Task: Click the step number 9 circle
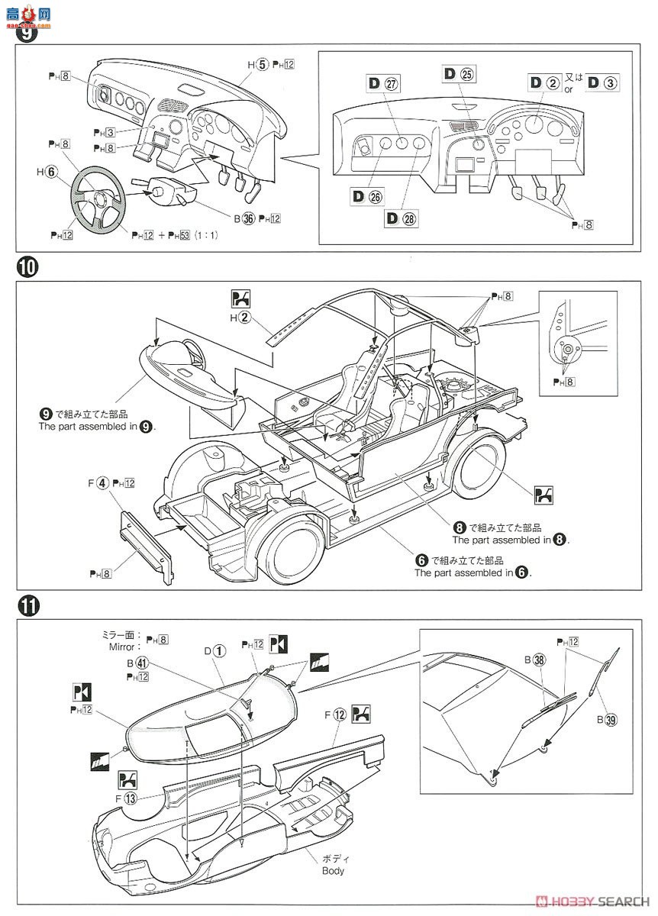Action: point(26,34)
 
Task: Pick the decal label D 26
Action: point(367,197)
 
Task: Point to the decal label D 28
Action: point(402,218)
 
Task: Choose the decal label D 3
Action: point(602,82)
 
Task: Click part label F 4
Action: point(98,482)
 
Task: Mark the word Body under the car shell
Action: point(332,870)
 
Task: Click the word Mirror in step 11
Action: point(121,646)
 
